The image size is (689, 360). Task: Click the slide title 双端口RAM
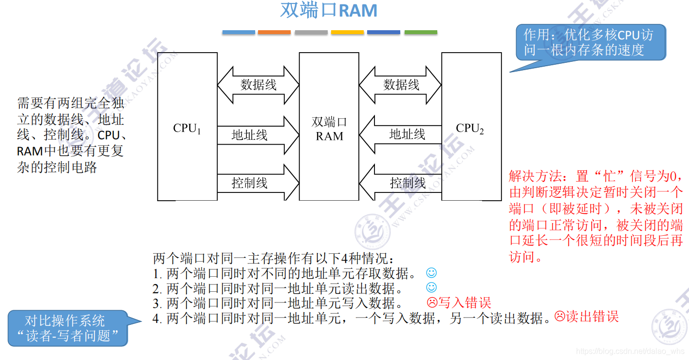coord(329,11)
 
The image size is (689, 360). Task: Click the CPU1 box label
coord(187,129)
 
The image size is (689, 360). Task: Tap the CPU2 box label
coord(470,129)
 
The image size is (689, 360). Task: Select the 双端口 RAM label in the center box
coord(329,129)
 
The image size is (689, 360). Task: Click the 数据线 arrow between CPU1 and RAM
coord(258,85)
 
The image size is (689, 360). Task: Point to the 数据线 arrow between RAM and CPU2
coord(401,85)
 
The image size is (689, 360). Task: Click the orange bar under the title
coord(274,32)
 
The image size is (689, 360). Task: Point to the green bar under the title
coord(421,32)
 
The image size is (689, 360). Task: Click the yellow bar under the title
coord(347,32)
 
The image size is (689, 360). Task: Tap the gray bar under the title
coord(311,32)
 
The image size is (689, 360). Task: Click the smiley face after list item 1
coord(431,273)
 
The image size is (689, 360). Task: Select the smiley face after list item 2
coord(431,287)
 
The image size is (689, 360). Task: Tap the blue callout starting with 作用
coord(591,42)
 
